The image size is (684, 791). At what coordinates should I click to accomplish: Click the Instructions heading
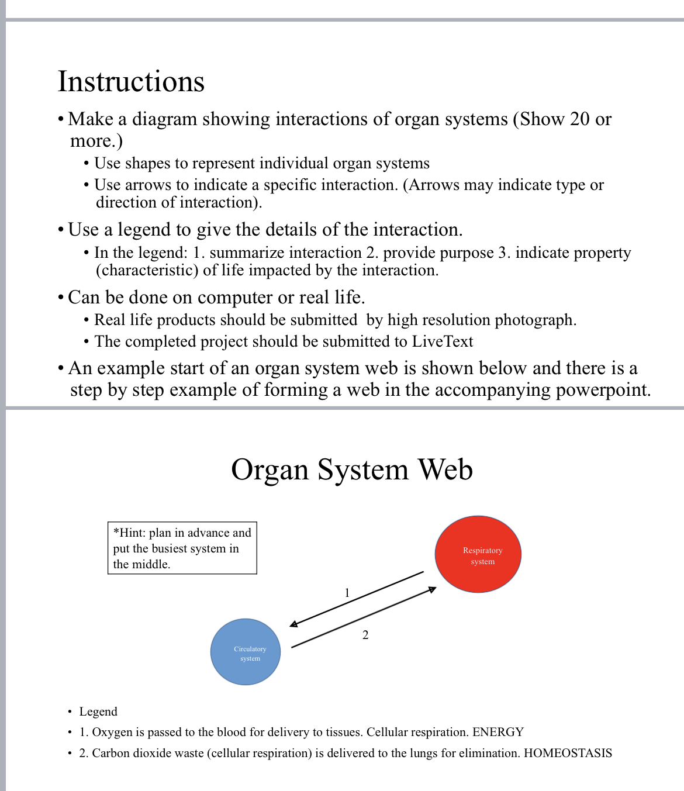tap(131, 81)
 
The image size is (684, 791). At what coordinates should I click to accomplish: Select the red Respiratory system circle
tap(478, 554)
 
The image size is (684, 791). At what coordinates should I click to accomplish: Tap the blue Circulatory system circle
tap(246, 652)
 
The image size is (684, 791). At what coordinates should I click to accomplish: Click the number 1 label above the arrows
tap(347, 593)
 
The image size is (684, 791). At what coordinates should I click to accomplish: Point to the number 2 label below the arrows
tap(365, 635)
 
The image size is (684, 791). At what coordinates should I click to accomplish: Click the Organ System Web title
tap(351, 469)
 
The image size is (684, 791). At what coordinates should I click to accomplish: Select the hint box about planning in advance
tap(182, 548)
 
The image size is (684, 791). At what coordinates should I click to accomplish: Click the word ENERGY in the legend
tap(498, 732)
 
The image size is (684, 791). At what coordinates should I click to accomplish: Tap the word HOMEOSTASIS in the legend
tap(568, 753)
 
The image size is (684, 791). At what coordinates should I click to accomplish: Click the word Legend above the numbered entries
tap(98, 711)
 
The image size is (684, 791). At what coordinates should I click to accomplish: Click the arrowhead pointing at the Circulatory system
tap(293, 625)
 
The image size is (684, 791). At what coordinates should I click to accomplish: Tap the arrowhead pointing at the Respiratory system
tap(433, 589)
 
